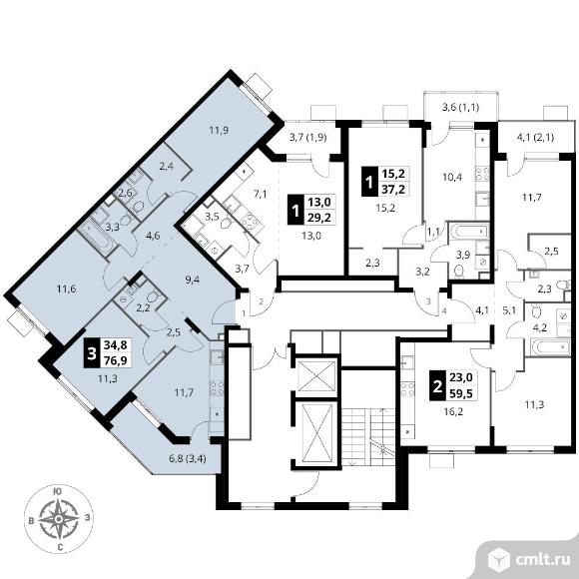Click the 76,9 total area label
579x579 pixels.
(x=116, y=360)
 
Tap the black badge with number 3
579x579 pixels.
(x=92, y=353)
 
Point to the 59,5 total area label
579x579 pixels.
(x=461, y=393)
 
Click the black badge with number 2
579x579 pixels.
(x=437, y=386)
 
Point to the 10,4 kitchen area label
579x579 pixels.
(x=452, y=177)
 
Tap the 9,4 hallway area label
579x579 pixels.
(x=193, y=280)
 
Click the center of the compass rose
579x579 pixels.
(x=58, y=519)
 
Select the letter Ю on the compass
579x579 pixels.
(x=58, y=491)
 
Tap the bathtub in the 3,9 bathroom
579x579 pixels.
(x=469, y=232)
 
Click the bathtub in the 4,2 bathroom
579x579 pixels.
(x=550, y=346)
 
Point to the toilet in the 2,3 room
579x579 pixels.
(x=563, y=286)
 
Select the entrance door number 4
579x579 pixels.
(x=444, y=310)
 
